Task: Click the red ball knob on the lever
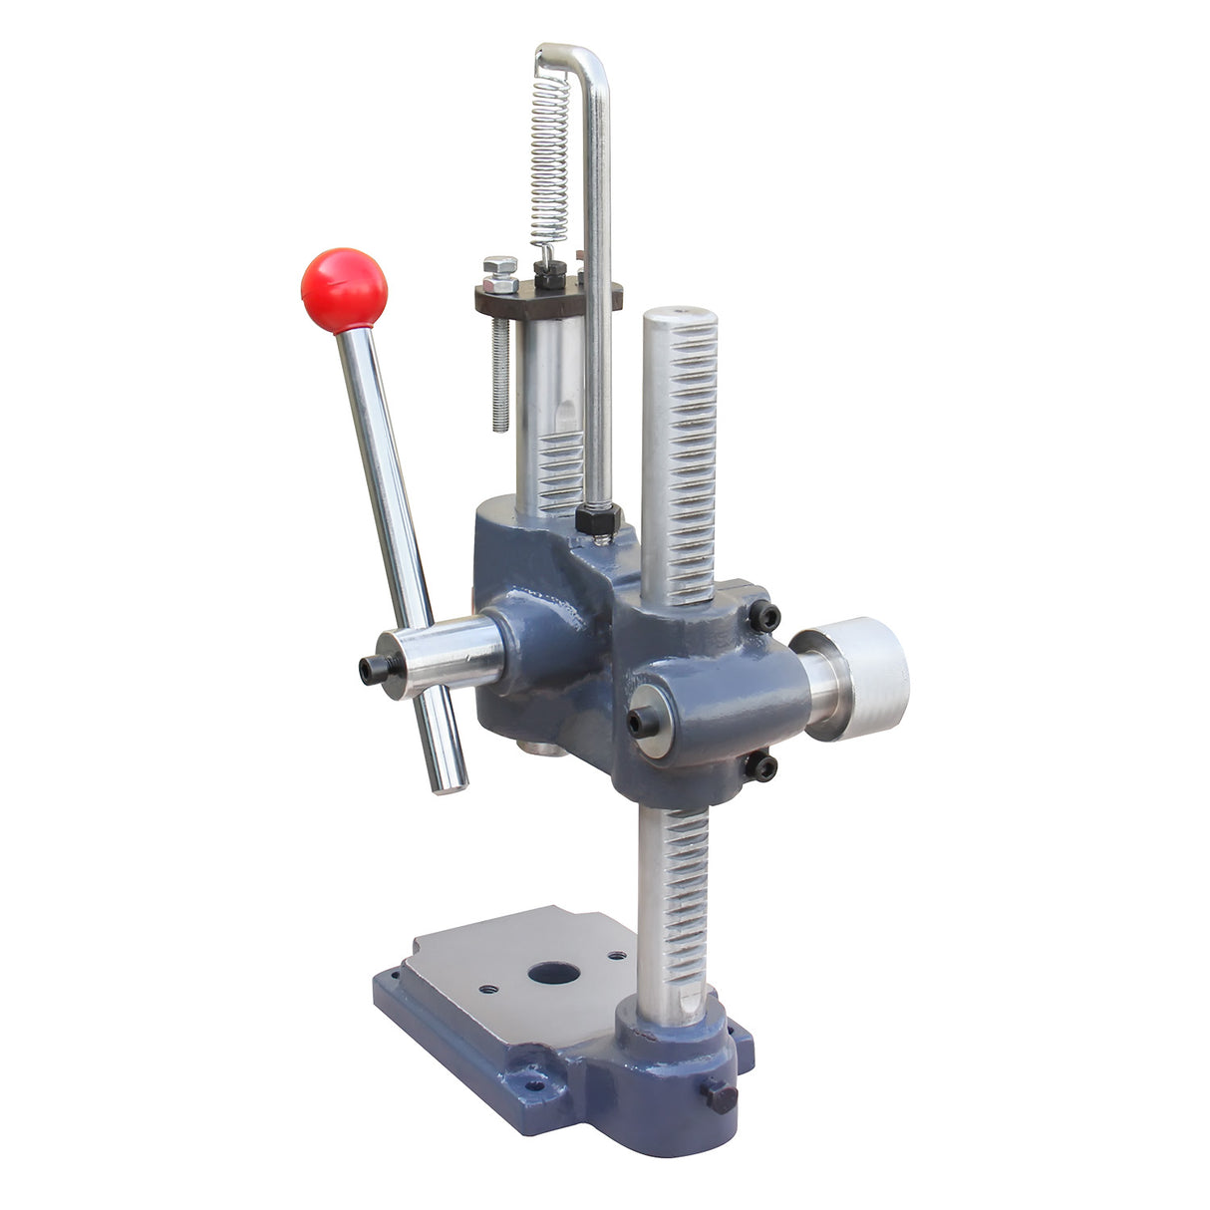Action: (x=344, y=290)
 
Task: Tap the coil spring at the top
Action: (x=549, y=159)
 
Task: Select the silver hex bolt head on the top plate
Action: (x=499, y=274)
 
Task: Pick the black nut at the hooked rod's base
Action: (x=598, y=519)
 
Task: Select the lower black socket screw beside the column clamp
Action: (x=761, y=766)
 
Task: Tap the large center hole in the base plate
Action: (x=554, y=971)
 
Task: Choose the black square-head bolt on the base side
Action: (x=721, y=1096)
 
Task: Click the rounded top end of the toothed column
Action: (x=680, y=318)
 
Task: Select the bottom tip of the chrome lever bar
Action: (x=451, y=785)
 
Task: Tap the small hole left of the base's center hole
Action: (x=488, y=990)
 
